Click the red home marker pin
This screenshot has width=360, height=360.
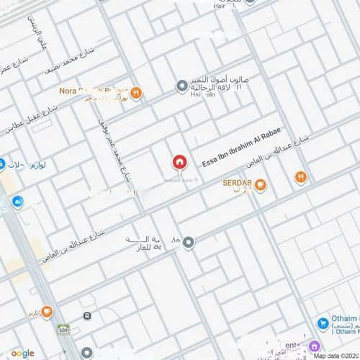(x=179, y=162)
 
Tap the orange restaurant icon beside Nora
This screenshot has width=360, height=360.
(x=135, y=92)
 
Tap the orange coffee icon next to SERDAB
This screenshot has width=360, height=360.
(x=261, y=186)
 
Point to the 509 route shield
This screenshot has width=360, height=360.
(x=63, y=328)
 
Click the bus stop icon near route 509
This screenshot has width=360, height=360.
(x=87, y=317)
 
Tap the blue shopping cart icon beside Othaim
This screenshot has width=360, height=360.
(x=323, y=325)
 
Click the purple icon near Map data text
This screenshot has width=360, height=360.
(x=315, y=346)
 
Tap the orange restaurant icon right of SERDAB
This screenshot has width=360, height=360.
(x=301, y=176)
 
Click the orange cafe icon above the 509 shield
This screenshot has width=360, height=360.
(x=47, y=312)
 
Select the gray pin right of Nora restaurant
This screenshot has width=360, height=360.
(x=181, y=87)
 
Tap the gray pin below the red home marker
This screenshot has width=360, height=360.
(x=189, y=243)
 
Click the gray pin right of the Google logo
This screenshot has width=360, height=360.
(x=87, y=353)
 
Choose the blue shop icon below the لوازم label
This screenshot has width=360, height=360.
(x=17, y=202)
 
